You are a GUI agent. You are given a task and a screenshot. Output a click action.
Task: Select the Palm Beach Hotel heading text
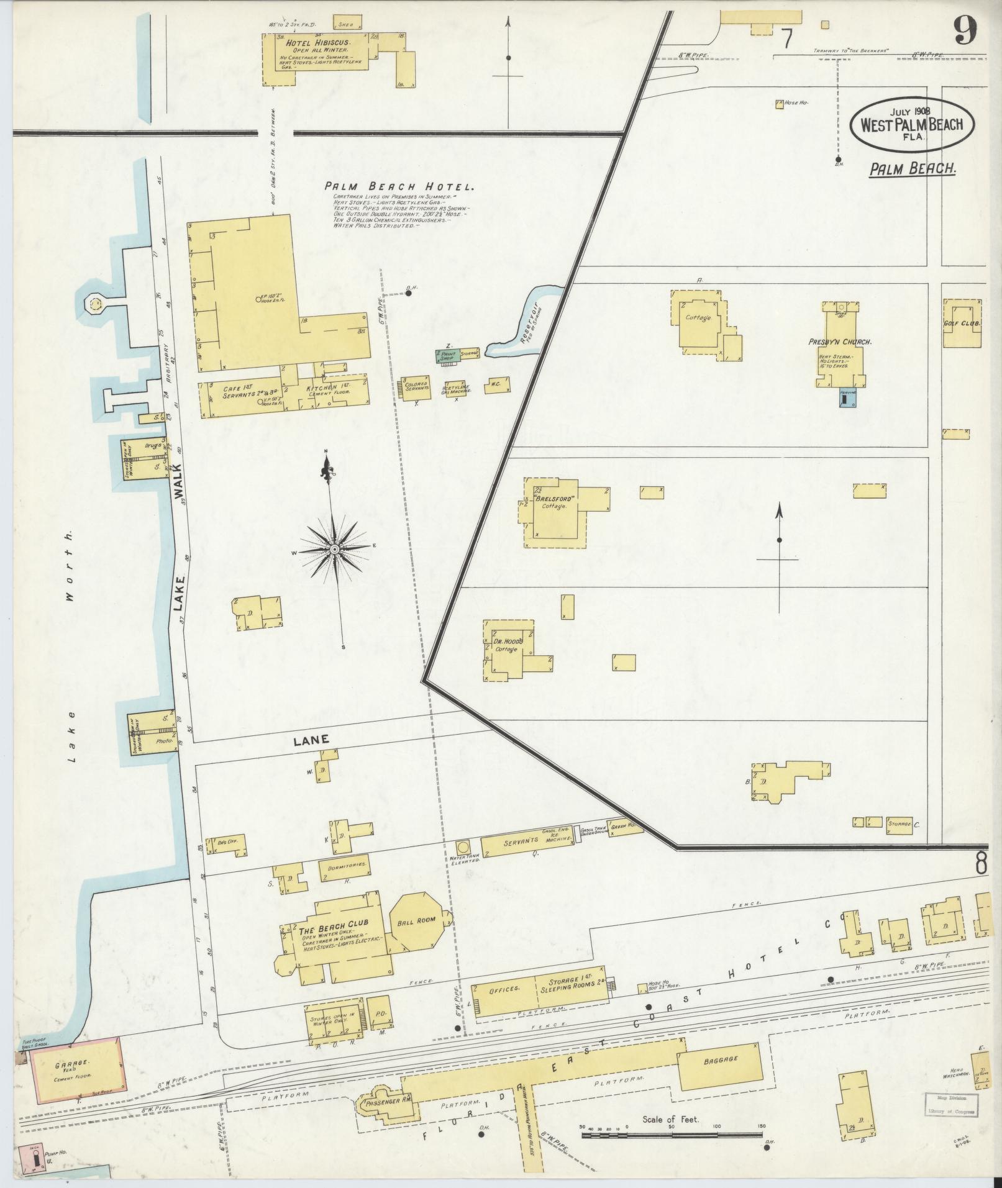pyautogui.click(x=399, y=186)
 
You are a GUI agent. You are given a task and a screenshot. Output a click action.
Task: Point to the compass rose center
pyautogui.click(x=334, y=550)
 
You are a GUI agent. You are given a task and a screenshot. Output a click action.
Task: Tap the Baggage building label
pyautogui.click(x=721, y=1059)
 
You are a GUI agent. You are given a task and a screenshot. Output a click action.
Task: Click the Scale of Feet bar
pyautogui.click(x=672, y=1135)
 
